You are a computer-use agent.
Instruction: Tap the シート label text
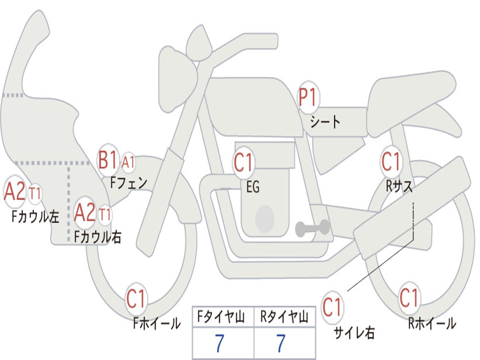(x=325, y=122)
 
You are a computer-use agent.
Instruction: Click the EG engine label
(x=253, y=187)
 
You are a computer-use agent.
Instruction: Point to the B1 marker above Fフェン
(x=108, y=160)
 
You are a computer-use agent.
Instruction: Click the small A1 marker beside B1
(x=128, y=162)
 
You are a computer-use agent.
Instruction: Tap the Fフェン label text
(x=128, y=182)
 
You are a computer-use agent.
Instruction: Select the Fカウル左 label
(x=36, y=216)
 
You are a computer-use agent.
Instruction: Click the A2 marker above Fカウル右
(x=85, y=213)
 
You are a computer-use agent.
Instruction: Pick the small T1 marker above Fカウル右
(x=105, y=215)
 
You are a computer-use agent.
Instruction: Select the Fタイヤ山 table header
(x=223, y=318)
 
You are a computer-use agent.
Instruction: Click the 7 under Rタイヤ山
(x=281, y=344)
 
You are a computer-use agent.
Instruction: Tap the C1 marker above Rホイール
(x=409, y=298)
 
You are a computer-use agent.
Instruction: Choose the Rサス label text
(x=399, y=186)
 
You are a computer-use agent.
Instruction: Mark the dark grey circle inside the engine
(x=265, y=218)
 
